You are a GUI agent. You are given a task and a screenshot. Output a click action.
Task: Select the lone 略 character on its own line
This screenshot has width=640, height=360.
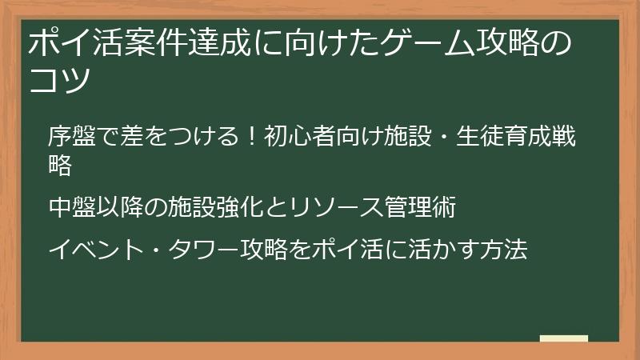61,166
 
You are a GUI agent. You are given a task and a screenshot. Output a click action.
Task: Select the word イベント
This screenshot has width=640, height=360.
96,250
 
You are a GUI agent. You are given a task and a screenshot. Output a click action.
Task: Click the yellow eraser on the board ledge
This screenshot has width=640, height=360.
563,338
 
